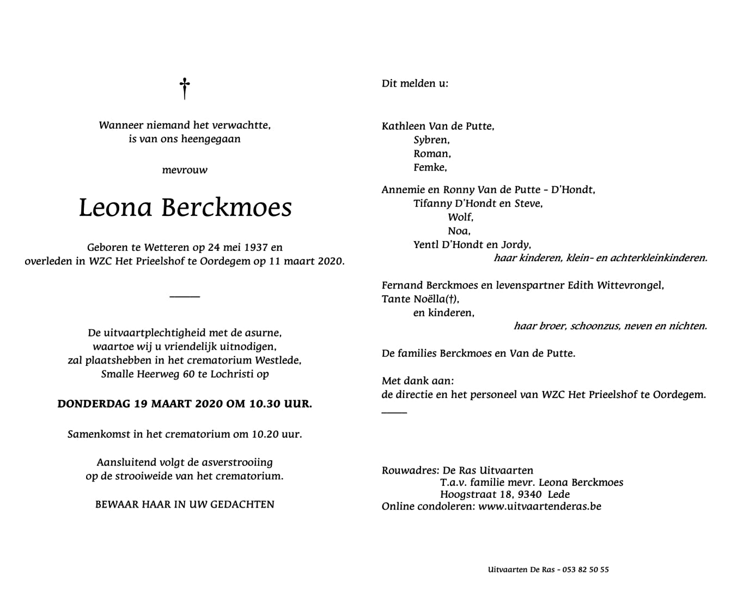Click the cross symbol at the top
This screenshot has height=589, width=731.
(x=185, y=88)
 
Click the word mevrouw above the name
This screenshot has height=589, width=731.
(x=185, y=170)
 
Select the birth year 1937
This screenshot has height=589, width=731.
(x=257, y=248)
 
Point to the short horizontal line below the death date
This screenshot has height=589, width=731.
(x=185, y=297)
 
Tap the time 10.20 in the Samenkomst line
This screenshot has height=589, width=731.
(x=266, y=435)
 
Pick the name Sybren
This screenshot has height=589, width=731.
(x=431, y=140)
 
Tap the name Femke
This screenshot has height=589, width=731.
(x=430, y=167)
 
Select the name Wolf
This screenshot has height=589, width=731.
(x=460, y=217)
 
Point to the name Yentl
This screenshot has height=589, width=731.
(x=425, y=244)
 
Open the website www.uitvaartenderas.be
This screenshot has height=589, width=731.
(x=540, y=507)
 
